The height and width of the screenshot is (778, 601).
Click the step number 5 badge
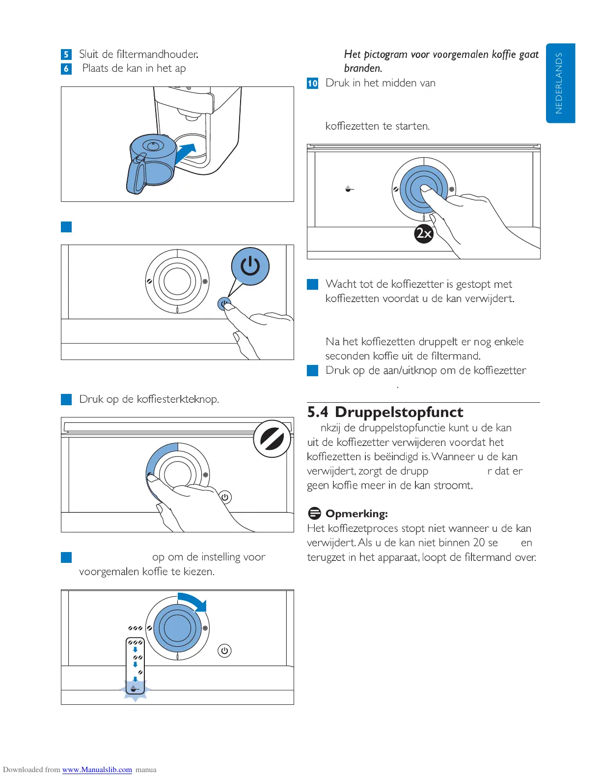[66, 55]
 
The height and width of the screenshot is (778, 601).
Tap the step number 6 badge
[66, 69]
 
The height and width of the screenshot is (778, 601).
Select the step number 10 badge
[312, 83]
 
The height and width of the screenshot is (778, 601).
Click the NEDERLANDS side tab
[560, 83]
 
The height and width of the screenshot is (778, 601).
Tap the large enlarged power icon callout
[250, 266]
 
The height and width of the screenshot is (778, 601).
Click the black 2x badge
[424, 233]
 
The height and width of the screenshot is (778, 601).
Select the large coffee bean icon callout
[272, 439]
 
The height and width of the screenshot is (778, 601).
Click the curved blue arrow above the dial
[193, 602]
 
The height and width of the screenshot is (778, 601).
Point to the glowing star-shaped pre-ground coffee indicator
[135, 690]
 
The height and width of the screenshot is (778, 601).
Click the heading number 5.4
[317, 412]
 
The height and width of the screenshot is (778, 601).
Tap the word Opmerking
[356, 514]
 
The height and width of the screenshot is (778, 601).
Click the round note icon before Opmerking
[314, 514]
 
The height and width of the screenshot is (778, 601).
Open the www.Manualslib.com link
[97, 770]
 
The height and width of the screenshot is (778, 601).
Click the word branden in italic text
[363, 68]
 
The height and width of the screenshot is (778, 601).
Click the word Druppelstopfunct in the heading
[399, 412]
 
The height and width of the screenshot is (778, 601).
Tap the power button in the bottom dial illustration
[224, 651]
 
